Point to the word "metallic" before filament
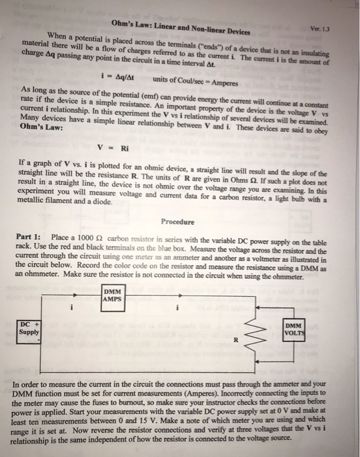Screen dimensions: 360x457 click(37, 201)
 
